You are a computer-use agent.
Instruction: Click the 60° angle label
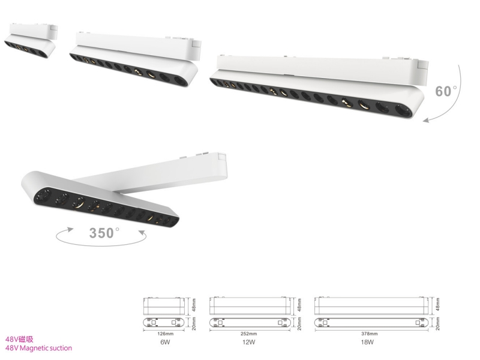tap(446, 91)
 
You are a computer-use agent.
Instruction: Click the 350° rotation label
tap(104, 233)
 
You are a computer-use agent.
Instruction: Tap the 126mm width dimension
tap(165, 334)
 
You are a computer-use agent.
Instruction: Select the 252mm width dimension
tap(249, 334)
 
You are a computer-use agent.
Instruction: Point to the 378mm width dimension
tap(370, 334)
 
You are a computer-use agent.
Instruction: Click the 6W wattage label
tap(165, 342)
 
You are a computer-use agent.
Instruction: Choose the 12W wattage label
tap(248, 342)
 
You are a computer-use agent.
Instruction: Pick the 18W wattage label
tap(367, 342)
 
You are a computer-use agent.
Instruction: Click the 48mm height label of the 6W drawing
tap(194, 305)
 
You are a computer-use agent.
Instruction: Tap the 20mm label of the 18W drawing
tap(438, 323)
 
